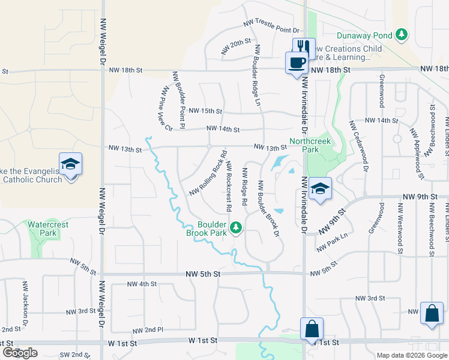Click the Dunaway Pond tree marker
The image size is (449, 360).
click(x=402, y=35)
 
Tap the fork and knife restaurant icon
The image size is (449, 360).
click(x=304, y=47)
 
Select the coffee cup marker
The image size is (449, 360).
click(x=296, y=62)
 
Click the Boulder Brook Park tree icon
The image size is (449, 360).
click(x=237, y=227)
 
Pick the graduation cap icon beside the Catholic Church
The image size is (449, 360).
click(x=70, y=164)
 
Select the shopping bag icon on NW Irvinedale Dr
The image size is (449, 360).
click(x=312, y=329)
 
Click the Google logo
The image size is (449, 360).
click(x=20, y=353)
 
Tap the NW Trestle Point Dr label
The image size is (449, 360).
click(x=271, y=26)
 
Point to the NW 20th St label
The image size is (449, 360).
click(x=235, y=46)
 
